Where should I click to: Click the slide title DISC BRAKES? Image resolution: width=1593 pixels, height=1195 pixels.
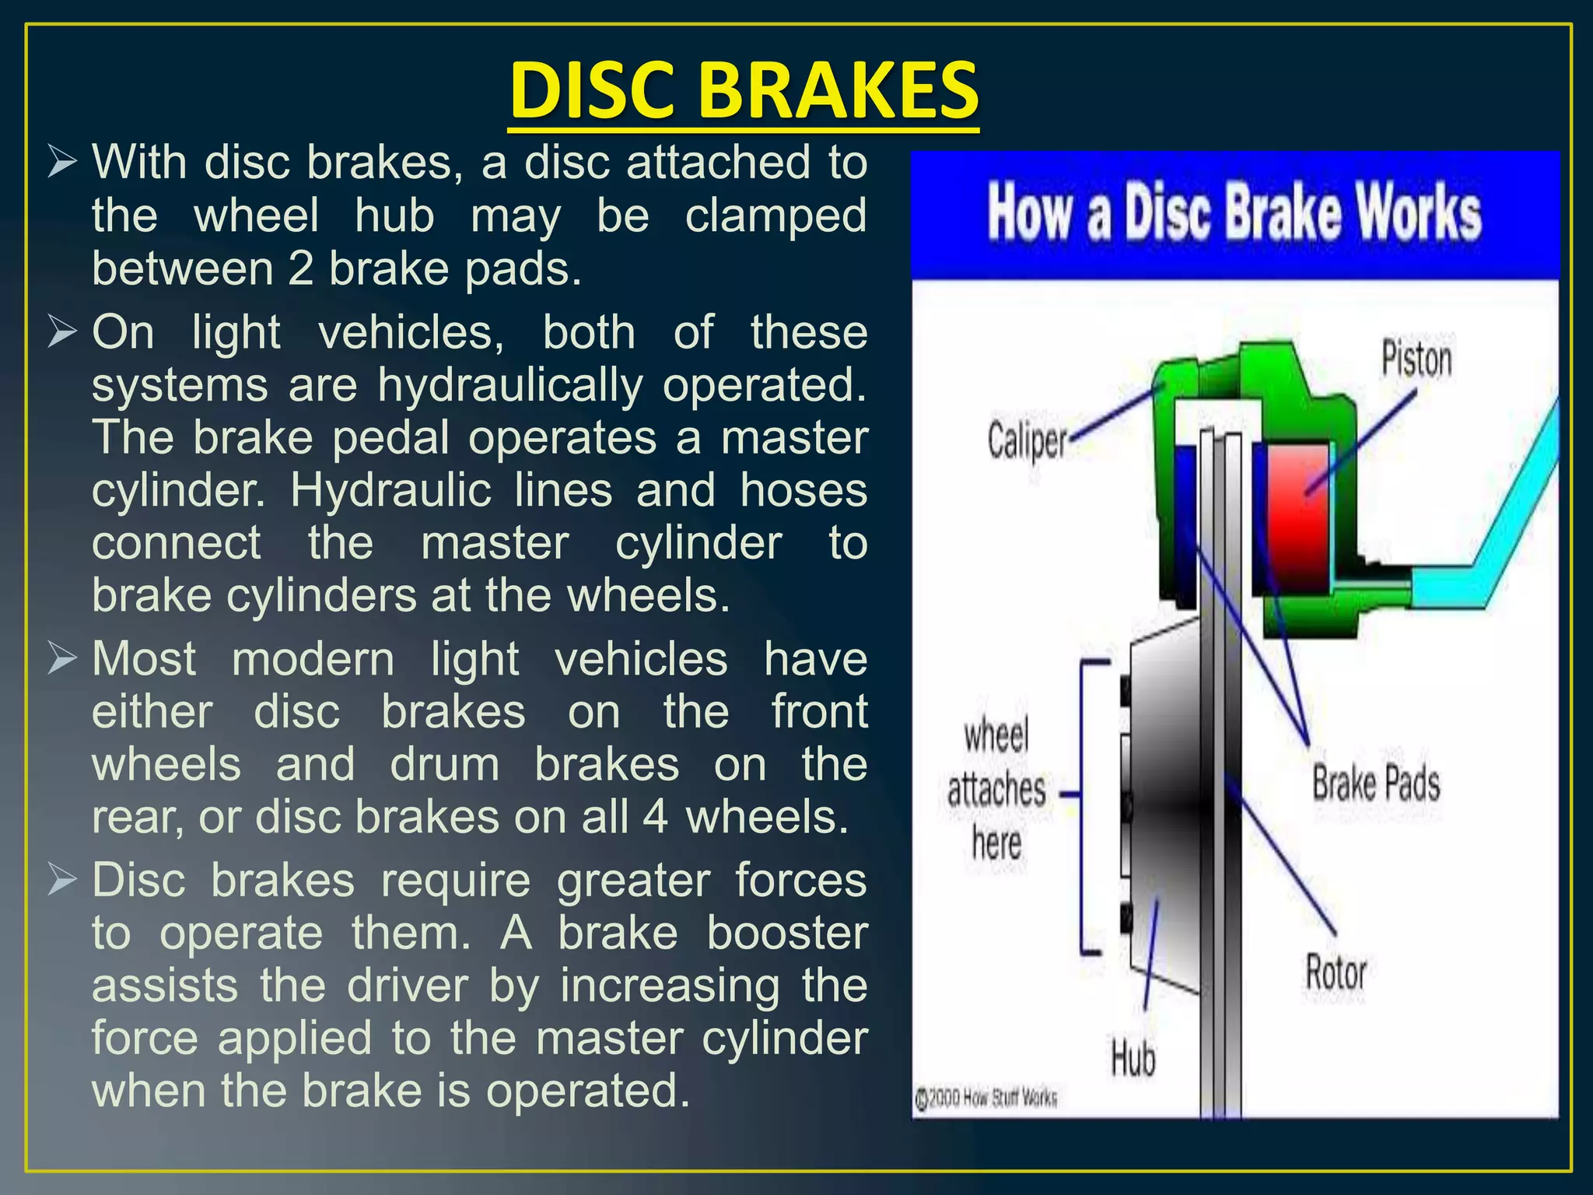click(744, 92)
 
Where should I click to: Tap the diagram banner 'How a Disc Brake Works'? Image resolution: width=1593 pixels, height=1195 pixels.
click(1234, 213)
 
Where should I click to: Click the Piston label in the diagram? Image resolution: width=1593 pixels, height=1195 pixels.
click(1416, 360)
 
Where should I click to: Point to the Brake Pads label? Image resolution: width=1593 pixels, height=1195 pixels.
click(1376, 783)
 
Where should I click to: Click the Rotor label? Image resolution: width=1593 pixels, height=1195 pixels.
click(1336, 972)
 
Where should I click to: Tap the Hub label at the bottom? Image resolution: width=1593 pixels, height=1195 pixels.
click(1133, 1059)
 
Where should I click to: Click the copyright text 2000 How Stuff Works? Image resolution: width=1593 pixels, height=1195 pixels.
click(986, 1099)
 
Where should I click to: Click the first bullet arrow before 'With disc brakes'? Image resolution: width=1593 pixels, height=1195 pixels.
click(62, 163)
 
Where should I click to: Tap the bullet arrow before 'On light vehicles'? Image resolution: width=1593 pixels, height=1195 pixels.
click(62, 333)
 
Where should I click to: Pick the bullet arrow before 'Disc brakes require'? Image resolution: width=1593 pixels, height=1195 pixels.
click(62, 881)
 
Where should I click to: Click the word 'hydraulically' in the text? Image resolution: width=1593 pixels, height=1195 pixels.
click(510, 385)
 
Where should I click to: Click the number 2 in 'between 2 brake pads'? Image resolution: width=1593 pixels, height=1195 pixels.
click(300, 269)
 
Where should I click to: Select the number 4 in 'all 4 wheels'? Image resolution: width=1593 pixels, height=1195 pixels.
click(656, 818)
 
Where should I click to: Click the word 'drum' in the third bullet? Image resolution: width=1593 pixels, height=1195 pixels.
click(444, 765)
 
